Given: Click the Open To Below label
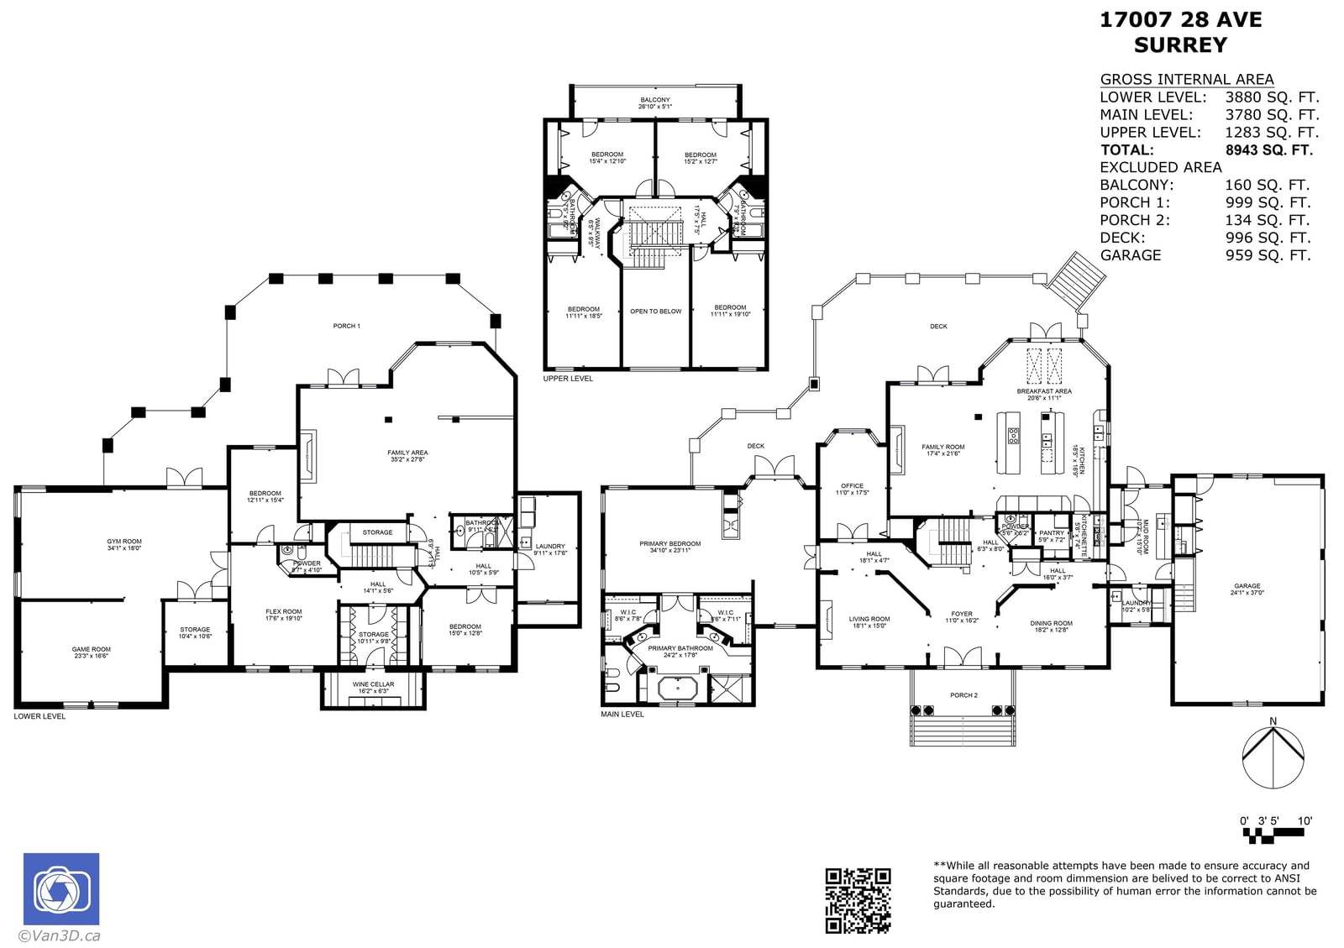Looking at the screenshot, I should pos(656,312).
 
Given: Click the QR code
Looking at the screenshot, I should pos(858,900).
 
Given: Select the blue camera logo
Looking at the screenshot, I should pos(61,889).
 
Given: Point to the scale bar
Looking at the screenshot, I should pos(1275,835).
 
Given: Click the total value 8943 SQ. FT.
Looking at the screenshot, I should pos(1268,150).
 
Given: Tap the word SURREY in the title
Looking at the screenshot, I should pos(1180,45).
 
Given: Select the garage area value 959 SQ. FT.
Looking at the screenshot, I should pos(1268,255).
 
